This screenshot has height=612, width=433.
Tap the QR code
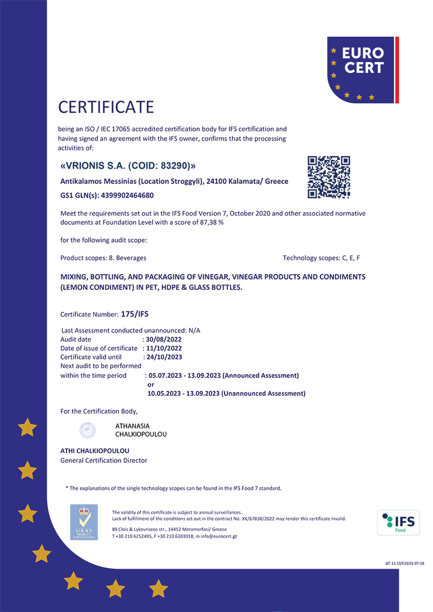(x=329, y=177)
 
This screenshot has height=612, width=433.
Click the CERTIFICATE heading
(x=106, y=107)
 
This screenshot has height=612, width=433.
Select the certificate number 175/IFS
(x=139, y=314)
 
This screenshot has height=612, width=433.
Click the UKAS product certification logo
(x=84, y=521)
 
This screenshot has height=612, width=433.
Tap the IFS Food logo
(x=398, y=522)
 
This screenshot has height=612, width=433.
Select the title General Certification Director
(x=104, y=461)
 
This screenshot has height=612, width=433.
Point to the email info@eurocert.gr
(x=219, y=536)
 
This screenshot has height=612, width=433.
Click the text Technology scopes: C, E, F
(x=321, y=258)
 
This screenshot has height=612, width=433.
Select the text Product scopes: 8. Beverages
(x=103, y=258)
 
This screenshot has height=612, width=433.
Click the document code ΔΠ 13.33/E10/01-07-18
(x=401, y=563)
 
